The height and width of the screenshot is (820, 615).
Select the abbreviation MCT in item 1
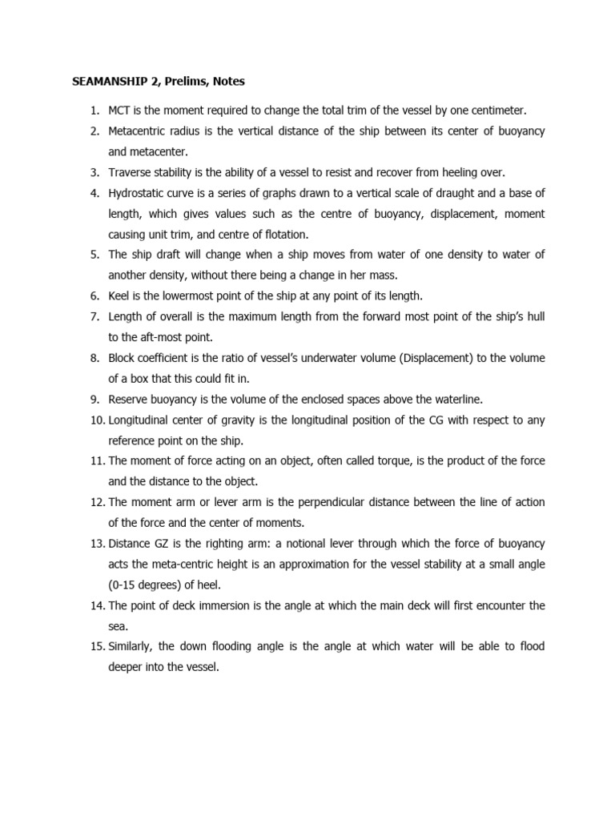pyautogui.click(x=120, y=111)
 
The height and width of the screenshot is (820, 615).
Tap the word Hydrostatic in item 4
pyautogui.click(x=138, y=194)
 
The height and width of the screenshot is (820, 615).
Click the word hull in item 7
pyautogui.click(x=536, y=317)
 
